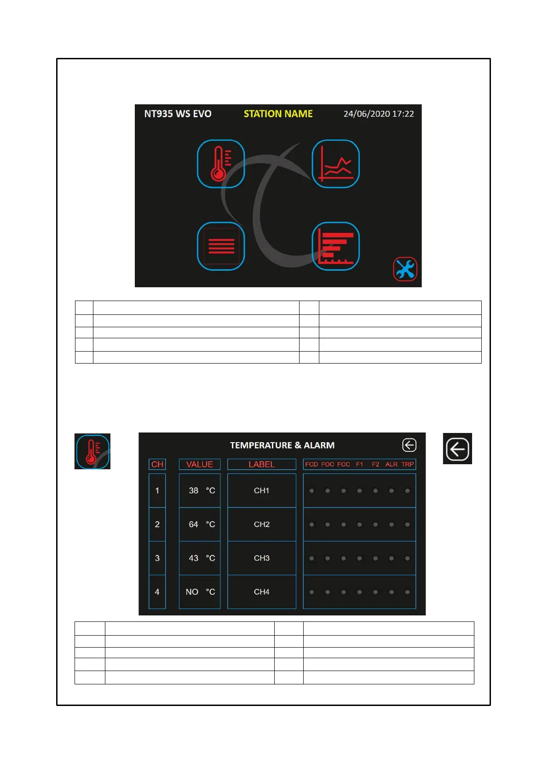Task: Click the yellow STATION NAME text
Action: coord(278,114)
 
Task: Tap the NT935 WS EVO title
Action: coord(178,114)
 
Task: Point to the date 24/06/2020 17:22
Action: coord(378,114)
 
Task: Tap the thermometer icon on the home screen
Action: coord(221,164)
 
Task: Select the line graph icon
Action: coord(335,164)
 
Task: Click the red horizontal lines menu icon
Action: coord(221,246)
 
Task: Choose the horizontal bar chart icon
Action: coord(335,246)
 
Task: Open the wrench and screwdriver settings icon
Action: coord(405,269)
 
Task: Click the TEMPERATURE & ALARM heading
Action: coord(282,445)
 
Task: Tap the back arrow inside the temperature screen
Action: coord(409,445)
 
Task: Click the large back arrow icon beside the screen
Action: coord(457,449)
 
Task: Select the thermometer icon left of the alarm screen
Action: coord(92,451)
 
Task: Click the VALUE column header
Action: coord(200,464)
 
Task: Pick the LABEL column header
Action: coord(261,464)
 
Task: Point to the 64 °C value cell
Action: coord(200,524)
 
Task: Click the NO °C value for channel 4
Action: coord(200,592)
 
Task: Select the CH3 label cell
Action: coord(261,558)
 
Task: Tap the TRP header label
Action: coord(408,464)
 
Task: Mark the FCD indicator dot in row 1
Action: coord(311,491)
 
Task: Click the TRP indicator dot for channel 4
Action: coord(407,592)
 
